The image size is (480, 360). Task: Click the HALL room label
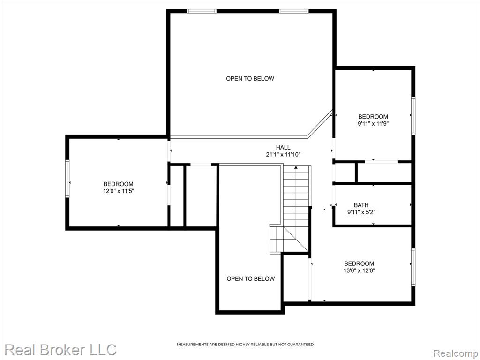coord(283,148)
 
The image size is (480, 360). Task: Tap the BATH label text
coord(361,205)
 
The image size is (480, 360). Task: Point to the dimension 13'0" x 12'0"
coord(359,270)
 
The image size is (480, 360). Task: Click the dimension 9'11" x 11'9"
coord(373,124)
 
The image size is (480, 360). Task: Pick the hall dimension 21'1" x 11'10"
coord(283,155)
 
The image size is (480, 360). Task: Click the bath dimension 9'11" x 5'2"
coord(361,212)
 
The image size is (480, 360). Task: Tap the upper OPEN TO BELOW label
coord(250,79)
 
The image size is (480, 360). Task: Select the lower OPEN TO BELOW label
coord(251,279)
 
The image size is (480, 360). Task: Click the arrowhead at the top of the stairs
coord(296,167)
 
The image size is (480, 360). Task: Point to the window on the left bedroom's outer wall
coord(67,179)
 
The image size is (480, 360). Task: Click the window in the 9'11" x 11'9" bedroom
coord(413,116)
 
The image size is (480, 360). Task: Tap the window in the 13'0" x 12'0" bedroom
coord(413,267)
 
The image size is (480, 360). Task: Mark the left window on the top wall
coord(202,11)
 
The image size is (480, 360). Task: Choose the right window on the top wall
coord(293,11)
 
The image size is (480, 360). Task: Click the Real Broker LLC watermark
coord(60,350)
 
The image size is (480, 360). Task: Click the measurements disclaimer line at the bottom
coord(245,345)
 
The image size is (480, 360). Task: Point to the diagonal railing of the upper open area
coord(320,123)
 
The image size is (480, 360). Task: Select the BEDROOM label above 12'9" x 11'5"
coord(119,184)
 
